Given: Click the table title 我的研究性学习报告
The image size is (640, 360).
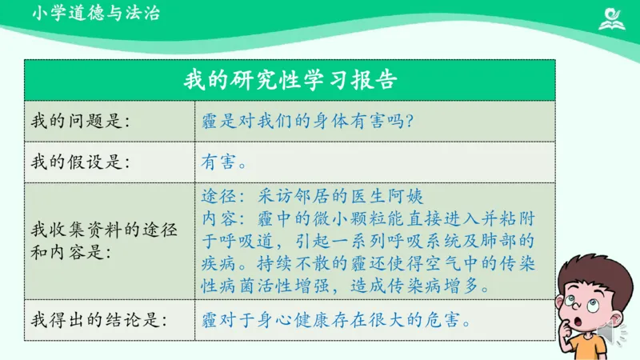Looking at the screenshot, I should point(290,80).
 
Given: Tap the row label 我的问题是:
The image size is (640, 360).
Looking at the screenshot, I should point(80,121).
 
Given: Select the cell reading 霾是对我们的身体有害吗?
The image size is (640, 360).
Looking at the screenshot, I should point(307,121).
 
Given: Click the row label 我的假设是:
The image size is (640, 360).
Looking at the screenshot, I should point(80,162).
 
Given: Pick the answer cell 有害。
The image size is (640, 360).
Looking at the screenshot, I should point(223,162).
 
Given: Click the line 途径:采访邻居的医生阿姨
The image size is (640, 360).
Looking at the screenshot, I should point(312,195).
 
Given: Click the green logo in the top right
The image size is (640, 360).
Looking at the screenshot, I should point(614,18).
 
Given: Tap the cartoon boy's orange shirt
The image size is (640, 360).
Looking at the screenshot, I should point(592,347).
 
